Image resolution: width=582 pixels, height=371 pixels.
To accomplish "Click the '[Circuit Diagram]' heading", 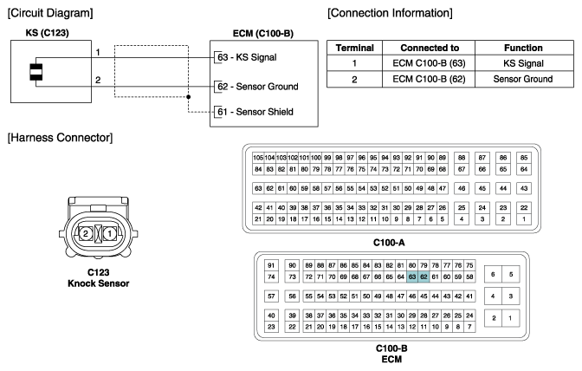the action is (50, 13).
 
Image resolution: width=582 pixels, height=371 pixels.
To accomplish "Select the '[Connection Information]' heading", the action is (390, 13).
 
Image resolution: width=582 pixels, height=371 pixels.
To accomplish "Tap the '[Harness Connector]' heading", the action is (60, 138).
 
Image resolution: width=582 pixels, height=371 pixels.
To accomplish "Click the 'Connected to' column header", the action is (430, 48).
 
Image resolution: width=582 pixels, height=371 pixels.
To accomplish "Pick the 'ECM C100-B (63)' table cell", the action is (429, 63).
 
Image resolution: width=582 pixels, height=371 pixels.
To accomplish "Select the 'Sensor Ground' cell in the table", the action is (522, 79).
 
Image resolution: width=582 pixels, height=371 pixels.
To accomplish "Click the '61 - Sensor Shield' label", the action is (255, 112).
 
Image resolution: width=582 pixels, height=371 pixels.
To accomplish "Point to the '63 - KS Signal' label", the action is (247, 57).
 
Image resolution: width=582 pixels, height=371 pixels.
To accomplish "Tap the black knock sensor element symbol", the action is (36, 72).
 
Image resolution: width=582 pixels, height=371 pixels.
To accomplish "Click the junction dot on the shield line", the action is (189, 97).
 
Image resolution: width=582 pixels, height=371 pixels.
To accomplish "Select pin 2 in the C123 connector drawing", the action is (86, 233).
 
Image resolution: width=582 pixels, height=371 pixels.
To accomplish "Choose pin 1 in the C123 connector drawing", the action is (109, 233).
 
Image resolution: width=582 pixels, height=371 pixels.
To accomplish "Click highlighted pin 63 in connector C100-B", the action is (412, 277).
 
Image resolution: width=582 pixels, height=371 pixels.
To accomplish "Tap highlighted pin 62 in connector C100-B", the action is (424, 277).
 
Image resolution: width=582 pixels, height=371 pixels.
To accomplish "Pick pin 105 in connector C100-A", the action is (258, 158).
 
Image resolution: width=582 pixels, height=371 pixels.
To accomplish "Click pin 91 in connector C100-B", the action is (271, 265).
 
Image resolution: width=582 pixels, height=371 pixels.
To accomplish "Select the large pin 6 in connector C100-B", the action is (493, 275).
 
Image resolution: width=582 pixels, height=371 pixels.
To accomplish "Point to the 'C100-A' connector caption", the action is (389, 243).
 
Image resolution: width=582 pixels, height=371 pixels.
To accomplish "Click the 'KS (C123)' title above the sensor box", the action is (47, 33).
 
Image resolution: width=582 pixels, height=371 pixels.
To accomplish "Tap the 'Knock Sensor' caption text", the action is (99, 283).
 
